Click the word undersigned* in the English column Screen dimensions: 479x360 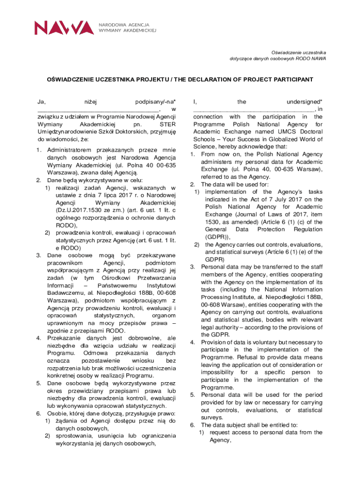tap(304, 102)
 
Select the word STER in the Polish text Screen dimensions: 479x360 tap(167, 124)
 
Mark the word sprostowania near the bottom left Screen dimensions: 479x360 tap(75, 436)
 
